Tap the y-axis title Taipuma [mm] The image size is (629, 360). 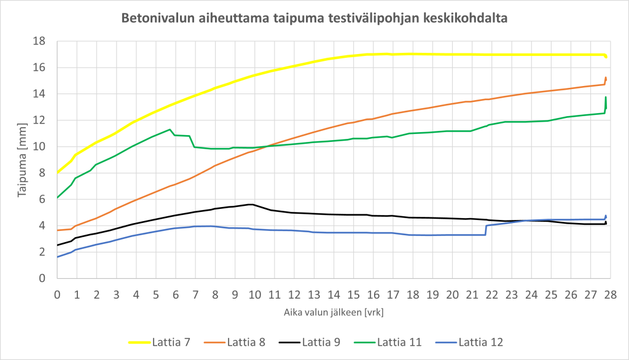pos(22,160)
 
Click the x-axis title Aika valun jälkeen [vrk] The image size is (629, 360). pos(334,312)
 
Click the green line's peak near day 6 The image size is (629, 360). pos(170,129)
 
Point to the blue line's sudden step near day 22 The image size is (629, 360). pos(486,229)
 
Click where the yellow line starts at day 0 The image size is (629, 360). pos(58,172)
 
